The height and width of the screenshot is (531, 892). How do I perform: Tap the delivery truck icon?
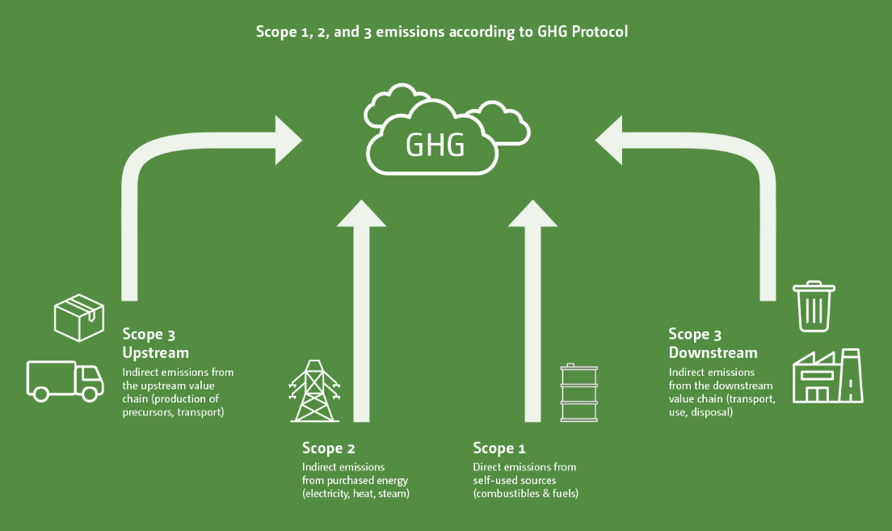pyautogui.click(x=65, y=381)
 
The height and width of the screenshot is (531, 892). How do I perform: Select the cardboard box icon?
pyautogui.click(x=78, y=317)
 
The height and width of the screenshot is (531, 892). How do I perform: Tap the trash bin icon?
pyautogui.click(x=814, y=306)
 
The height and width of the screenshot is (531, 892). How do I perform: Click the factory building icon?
pyautogui.click(x=827, y=376)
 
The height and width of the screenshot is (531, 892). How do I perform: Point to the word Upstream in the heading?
pyautogui.click(x=156, y=353)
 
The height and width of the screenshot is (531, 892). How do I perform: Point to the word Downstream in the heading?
pyautogui.click(x=713, y=353)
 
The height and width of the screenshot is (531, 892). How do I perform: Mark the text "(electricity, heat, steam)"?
pyautogui.click(x=356, y=494)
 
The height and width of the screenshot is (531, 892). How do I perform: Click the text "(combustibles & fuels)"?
pyautogui.click(x=526, y=494)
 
